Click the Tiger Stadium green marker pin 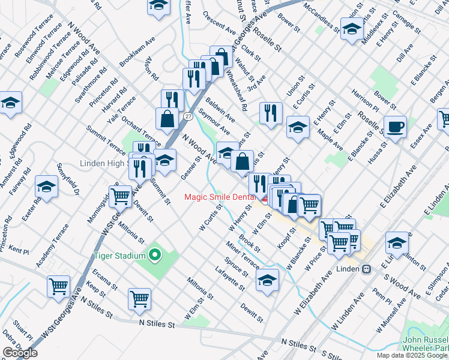(155, 256)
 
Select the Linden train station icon (366, 268)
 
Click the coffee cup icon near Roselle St (395, 127)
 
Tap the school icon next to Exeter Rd (46, 187)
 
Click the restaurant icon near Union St (271, 112)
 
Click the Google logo (20, 353)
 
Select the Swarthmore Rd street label (89, 85)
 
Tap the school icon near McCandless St (352, 28)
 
